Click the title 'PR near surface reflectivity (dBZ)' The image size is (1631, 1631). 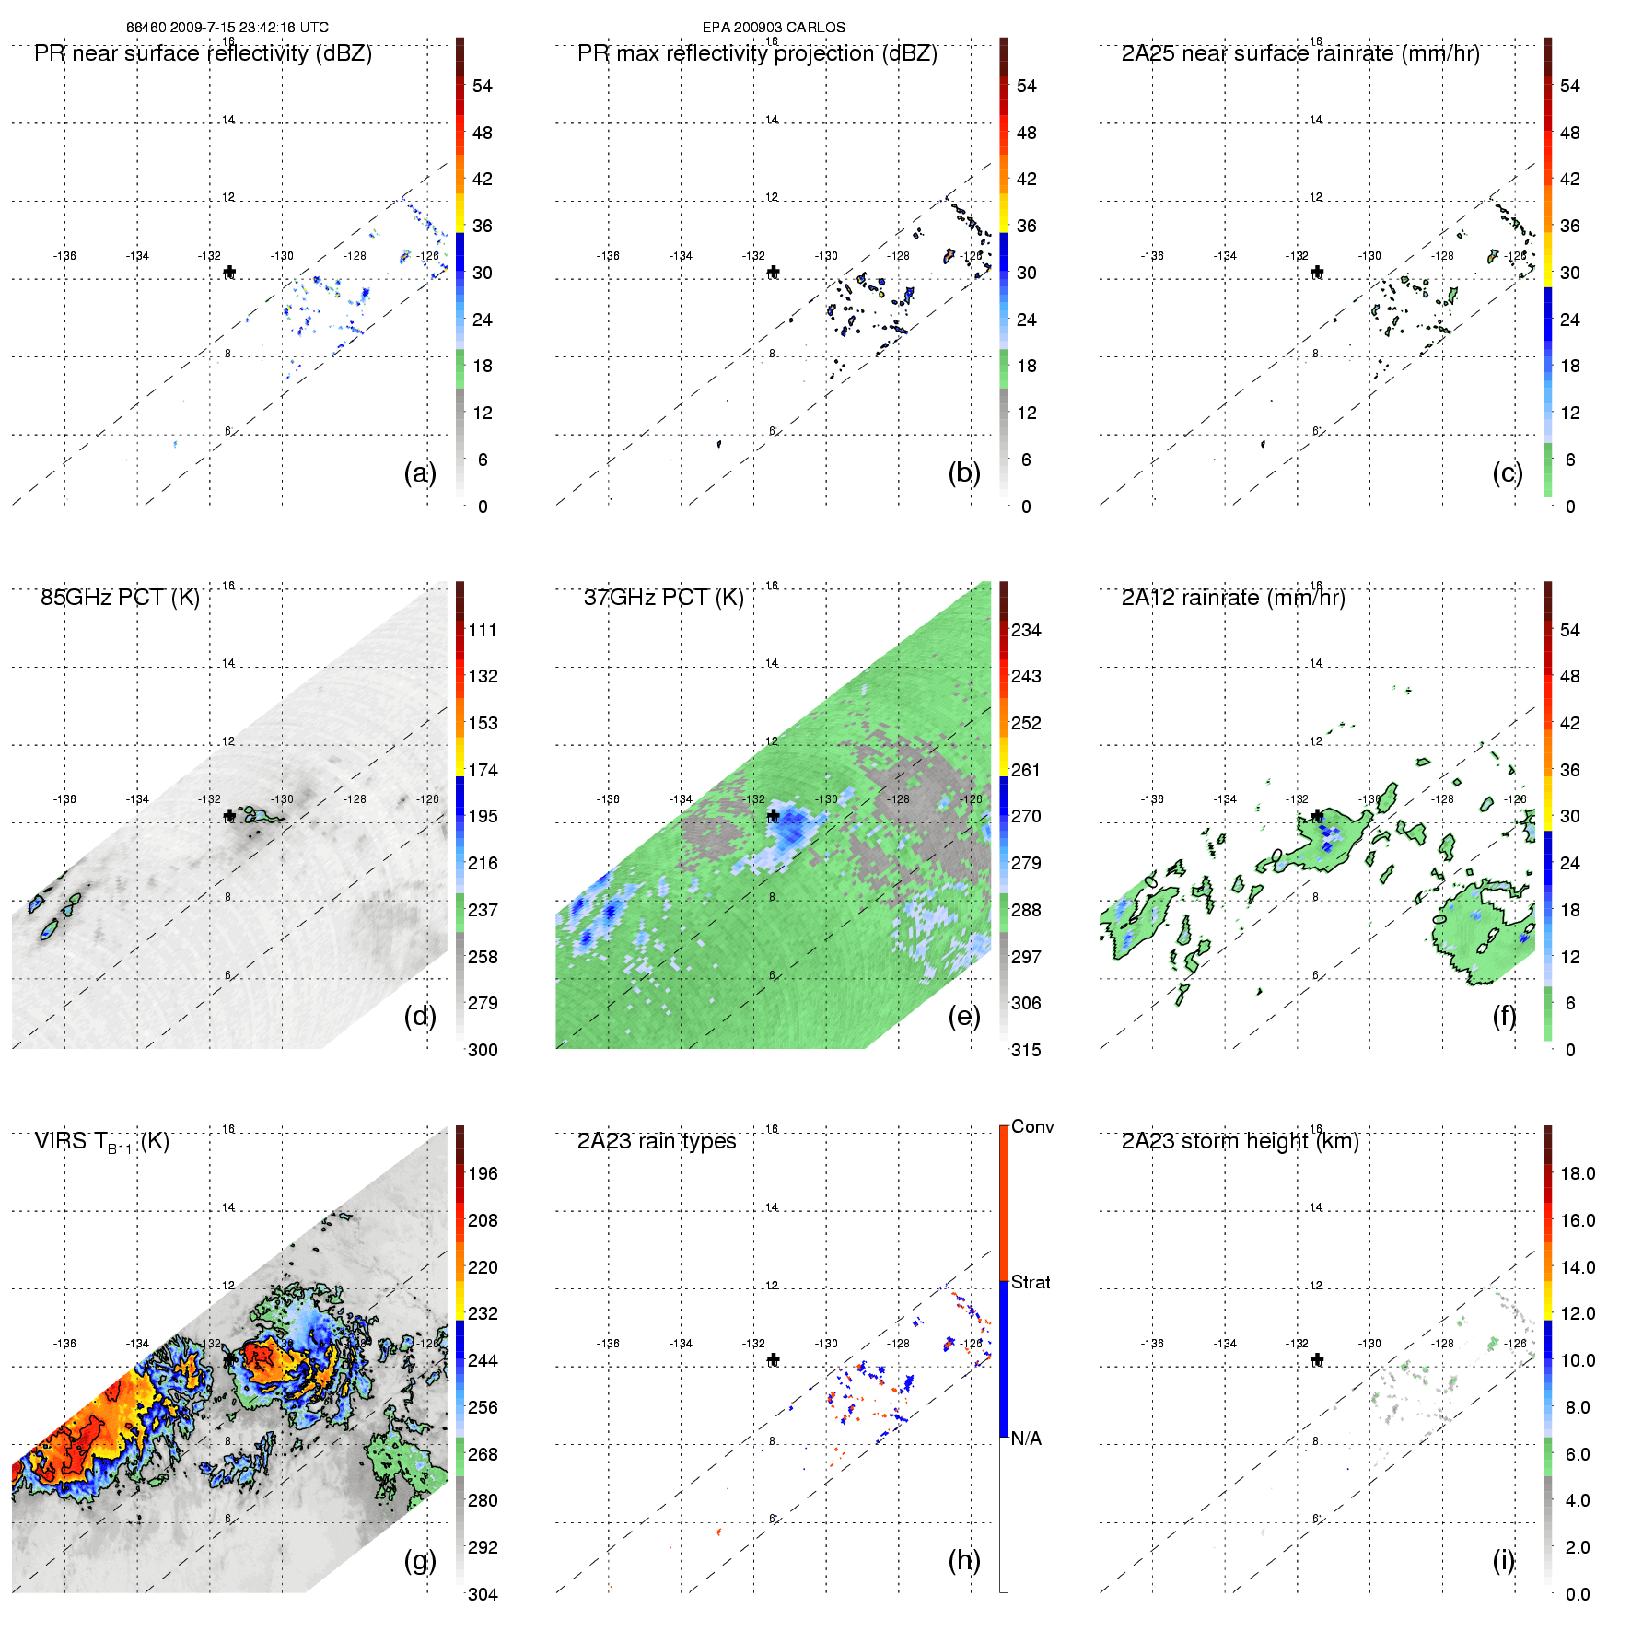(203, 53)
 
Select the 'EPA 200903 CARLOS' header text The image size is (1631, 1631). (774, 28)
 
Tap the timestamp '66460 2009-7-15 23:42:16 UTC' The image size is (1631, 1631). (227, 28)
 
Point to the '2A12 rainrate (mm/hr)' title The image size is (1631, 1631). (1233, 598)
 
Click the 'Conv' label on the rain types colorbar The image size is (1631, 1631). (1032, 1126)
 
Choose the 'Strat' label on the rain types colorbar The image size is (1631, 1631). (1031, 1282)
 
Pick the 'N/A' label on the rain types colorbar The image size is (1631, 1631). (1026, 1439)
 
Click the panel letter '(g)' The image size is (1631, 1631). (420, 1560)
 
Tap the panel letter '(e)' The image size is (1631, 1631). (964, 1016)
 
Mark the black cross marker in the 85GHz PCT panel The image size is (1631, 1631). (229, 816)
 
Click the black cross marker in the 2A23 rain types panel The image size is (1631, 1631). (774, 1359)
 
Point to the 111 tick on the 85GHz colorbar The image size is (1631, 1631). (483, 630)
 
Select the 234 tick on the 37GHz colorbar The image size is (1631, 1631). (1026, 630)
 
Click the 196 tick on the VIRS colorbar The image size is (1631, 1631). (483, 1173)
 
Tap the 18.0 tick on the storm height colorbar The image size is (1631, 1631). (1578, 1173)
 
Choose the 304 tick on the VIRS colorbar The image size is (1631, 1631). (483, 1594)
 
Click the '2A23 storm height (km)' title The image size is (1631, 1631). (1240, 1141)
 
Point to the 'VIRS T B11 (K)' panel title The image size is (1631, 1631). (101, 1142)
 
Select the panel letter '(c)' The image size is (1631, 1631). (1508, 472)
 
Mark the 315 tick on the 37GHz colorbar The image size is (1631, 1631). (1026, 1050)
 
